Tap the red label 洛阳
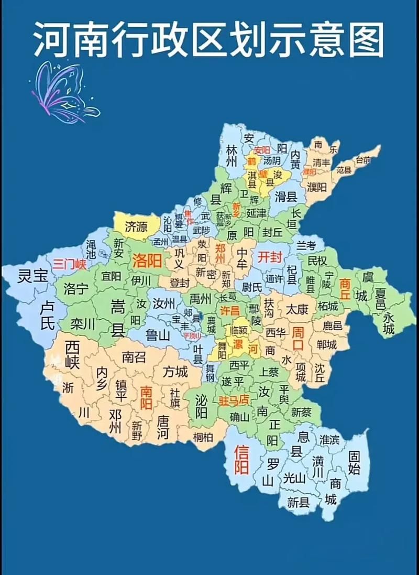tap(147, 260)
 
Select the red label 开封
tap(270, 257)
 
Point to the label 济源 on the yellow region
tap(136, 226)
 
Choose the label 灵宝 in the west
tap(32, 276)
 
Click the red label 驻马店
tap(234, 401)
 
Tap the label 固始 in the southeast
tap(355, 462)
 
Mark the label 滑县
tap(286, 197)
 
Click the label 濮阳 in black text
tap(317, 187)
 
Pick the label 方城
tap(175, 372)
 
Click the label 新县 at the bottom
tap(298, 503)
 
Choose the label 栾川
tap(83, 324)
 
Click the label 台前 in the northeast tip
tap(362, 159)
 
